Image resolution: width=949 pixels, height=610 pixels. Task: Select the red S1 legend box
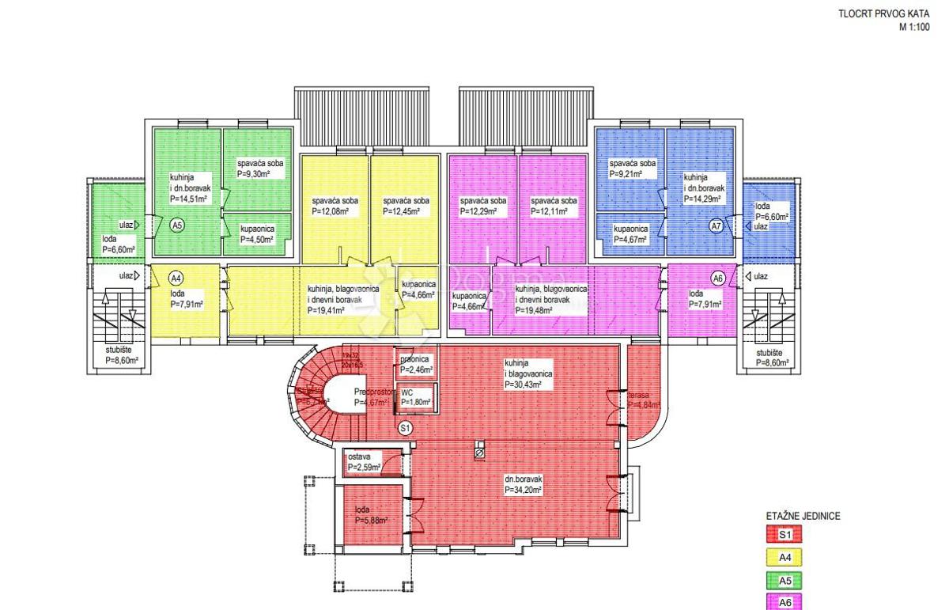click(x=785, y=536)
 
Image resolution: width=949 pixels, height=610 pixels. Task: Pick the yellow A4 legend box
click(x=785, y=558)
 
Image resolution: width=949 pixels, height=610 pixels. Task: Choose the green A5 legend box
click(x=785, y=580)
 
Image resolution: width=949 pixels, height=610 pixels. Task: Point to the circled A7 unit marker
click(x=716, y=226)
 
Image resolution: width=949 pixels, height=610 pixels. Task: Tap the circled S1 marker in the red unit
click(x=404, y=428)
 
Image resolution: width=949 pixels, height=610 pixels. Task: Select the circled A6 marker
click(x=717, y=278)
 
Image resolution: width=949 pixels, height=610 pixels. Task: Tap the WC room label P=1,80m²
click(x=416, y=403)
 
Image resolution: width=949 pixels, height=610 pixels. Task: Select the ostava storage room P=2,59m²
click(x=365, y=468)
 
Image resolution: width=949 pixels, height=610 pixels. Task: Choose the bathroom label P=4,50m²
click(x=257, y=240)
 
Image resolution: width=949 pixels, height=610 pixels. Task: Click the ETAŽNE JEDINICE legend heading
click(x=803, y=515)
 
